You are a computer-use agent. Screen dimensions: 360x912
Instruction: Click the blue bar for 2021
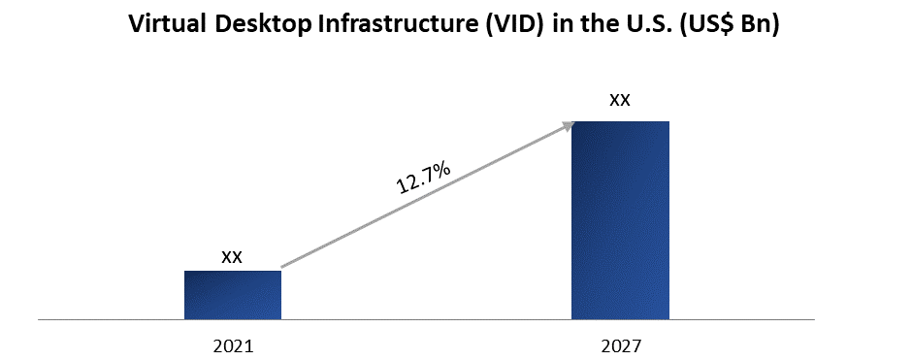tap(233, 295)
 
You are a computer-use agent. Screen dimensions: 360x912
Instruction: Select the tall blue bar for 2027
tap(620, 220)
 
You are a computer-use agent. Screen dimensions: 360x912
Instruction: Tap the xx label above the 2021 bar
tap(232, 257)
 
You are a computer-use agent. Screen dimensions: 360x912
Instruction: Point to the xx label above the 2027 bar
tap(620, 100)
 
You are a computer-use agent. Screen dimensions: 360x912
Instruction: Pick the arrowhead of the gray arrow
tap(570, 124)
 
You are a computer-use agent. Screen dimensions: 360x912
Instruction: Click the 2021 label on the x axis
tap(233, 344)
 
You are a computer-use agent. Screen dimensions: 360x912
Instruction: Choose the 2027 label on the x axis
tap(620, 344)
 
